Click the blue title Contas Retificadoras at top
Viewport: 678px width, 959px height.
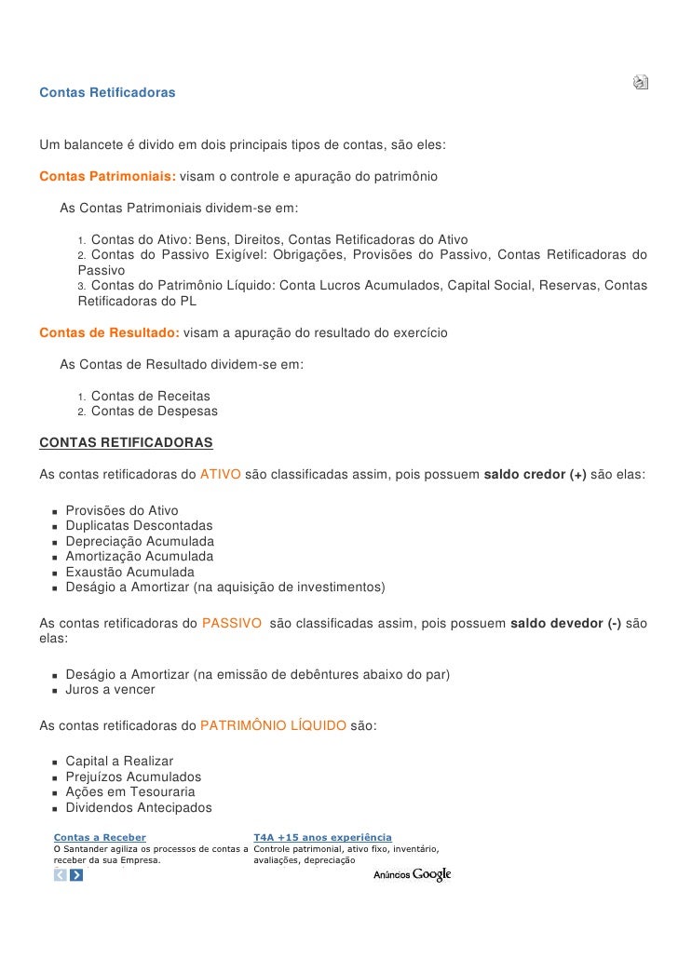[x=107, y=94]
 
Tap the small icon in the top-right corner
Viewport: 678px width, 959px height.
[x=641, y=82]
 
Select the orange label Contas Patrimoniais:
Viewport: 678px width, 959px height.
[x=108, y=176]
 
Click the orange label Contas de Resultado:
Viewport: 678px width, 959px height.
[x=109, y=332]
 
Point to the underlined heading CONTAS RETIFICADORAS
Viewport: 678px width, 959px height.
[x=126, y=442]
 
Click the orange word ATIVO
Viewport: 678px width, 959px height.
[x=221, y=474]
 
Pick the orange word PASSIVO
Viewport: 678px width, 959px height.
[x=231, y=624]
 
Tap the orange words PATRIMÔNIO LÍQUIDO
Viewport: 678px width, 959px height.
[x=273, y=725]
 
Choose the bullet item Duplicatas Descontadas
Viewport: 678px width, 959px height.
[x=139, y=526]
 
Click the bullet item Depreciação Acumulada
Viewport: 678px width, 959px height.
[x=140, y=541]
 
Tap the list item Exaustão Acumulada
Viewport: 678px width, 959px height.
[x=129, y=572]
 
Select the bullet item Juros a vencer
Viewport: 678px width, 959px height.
[x=110, y=690]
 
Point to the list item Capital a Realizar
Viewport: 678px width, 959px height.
[x=119, y=762]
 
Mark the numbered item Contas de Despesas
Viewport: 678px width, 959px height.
[x=154, y=411]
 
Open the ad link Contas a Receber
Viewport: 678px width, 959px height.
[x=100, y=838]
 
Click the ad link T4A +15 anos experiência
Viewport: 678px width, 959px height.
[x=322, y=838]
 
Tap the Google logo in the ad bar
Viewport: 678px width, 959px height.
[x=432, y=874]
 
